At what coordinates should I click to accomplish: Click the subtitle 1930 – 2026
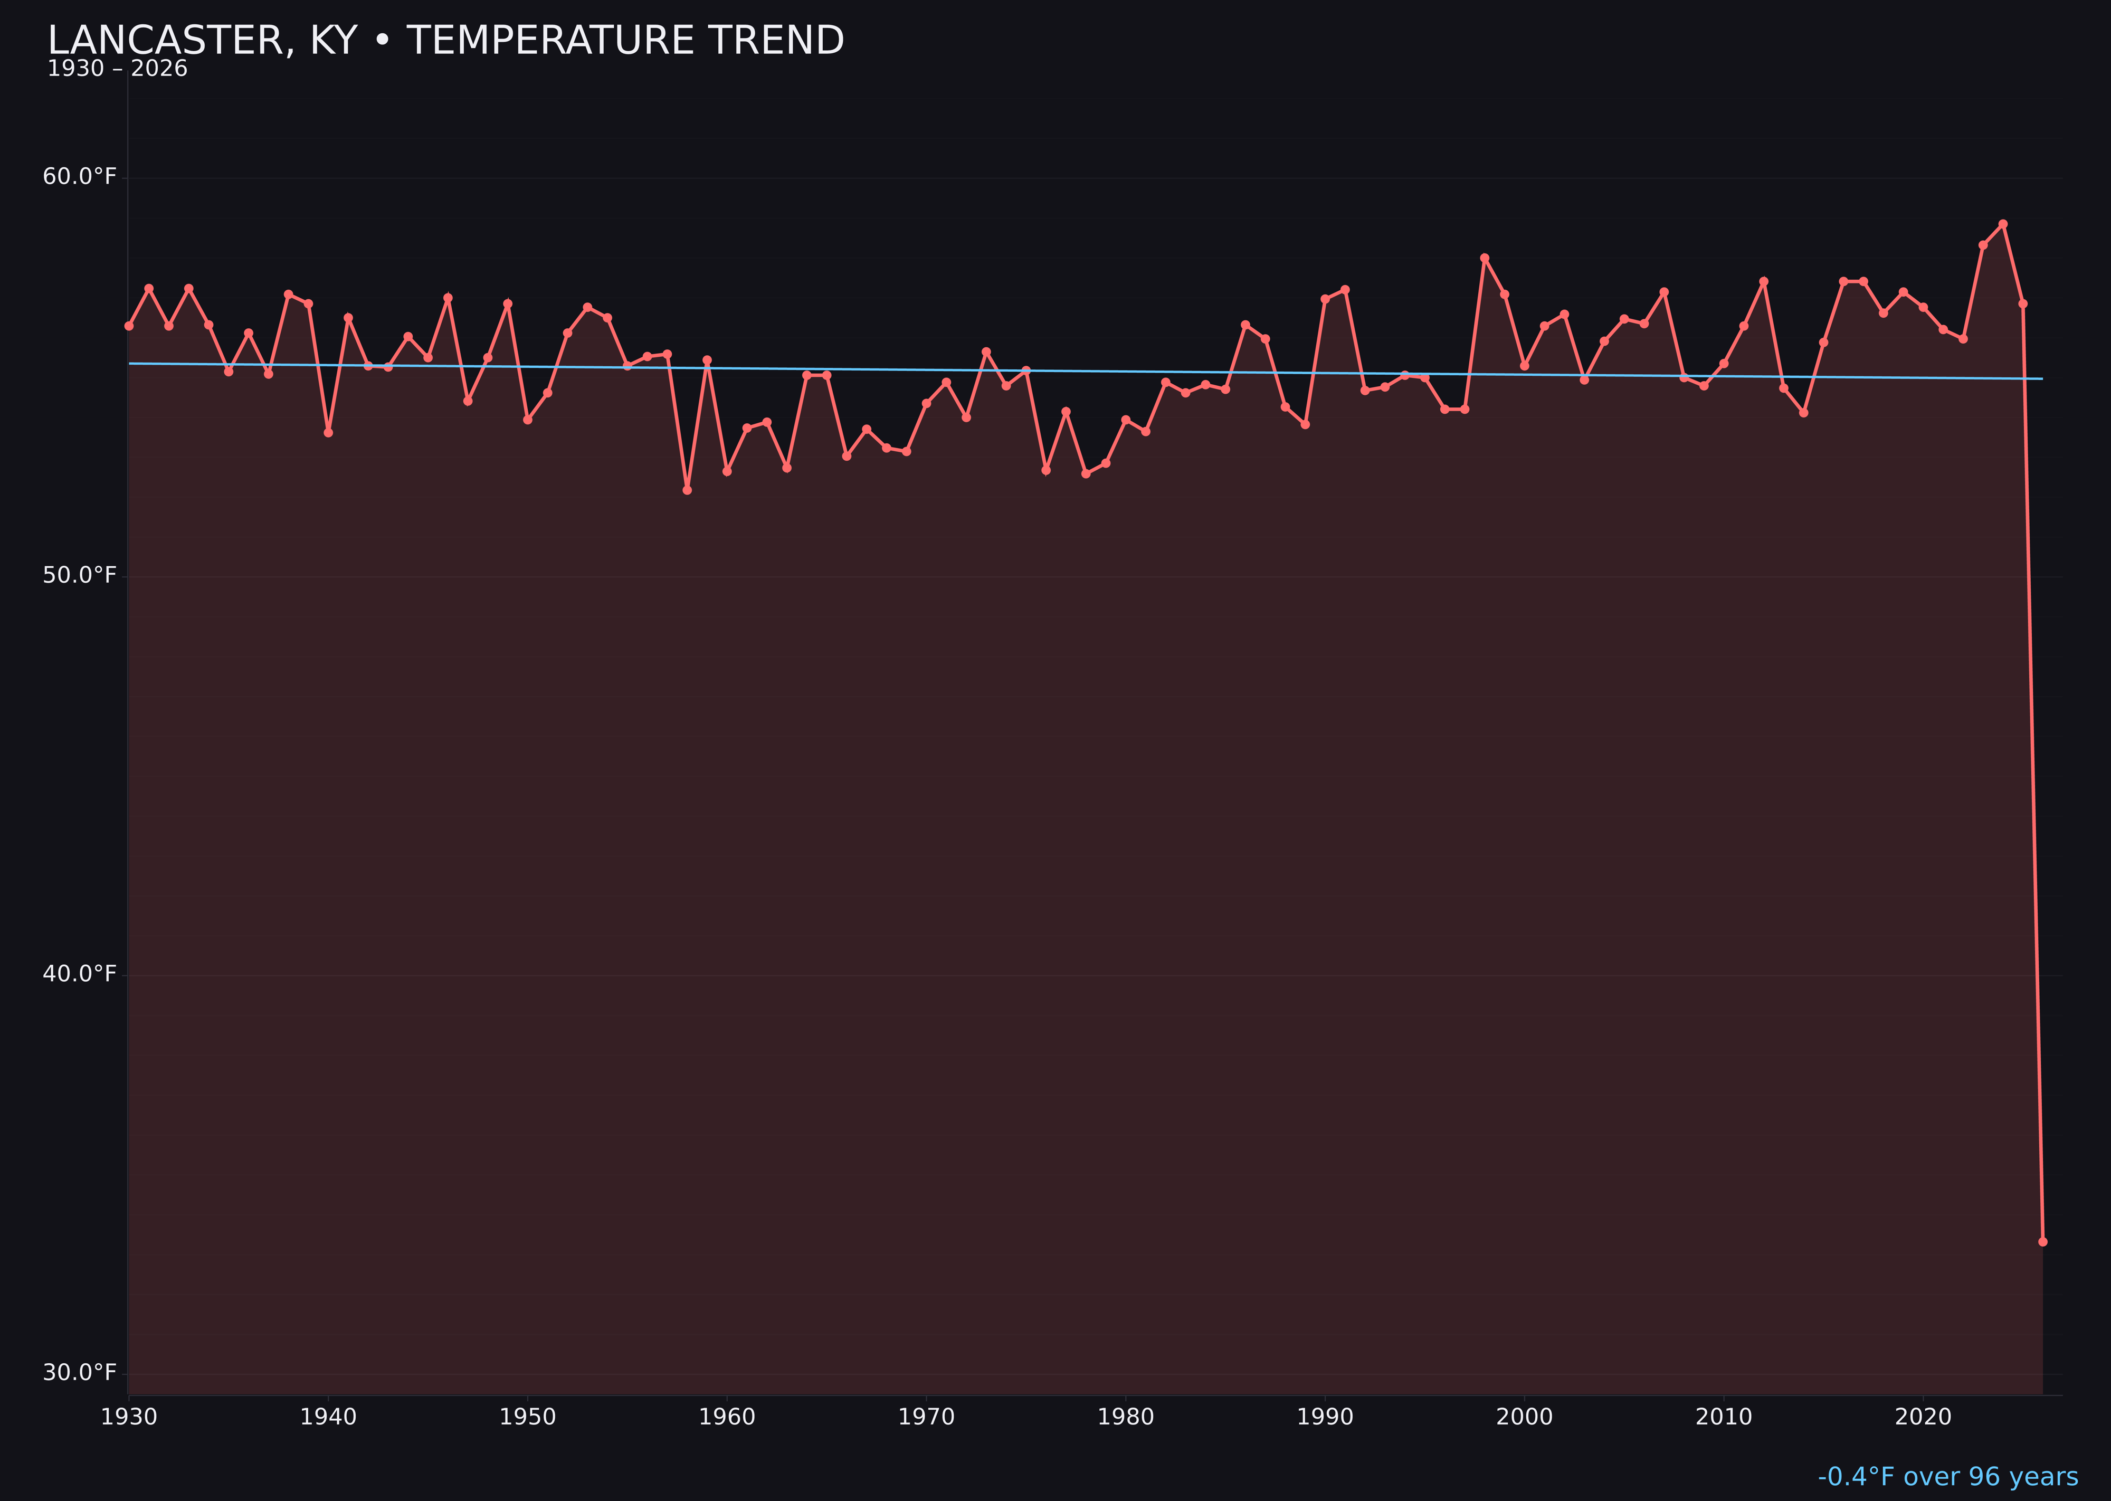(117, 69)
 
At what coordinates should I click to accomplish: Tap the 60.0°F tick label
(80, 176)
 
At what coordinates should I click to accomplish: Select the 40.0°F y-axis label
(80, 974)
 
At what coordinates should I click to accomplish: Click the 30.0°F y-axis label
(80, 1373)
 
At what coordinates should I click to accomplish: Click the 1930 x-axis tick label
(128, 1417)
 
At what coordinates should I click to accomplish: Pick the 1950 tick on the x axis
(528, 1417)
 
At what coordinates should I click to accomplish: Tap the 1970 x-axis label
(926, 1417)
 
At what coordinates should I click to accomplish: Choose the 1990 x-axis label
(1325, 1417)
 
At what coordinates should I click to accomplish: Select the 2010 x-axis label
(1724, 1417)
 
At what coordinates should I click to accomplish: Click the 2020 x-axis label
(1923, 1417)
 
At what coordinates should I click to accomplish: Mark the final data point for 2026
(2042, 1241)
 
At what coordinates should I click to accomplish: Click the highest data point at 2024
(2003, 224)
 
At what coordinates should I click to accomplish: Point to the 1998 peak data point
(1485, 258)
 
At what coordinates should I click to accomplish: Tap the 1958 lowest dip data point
(687, 490)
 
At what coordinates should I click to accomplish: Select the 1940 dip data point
(328, 433)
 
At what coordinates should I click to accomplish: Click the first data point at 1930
(128, 325)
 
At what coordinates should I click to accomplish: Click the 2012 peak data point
(1764, 281)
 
